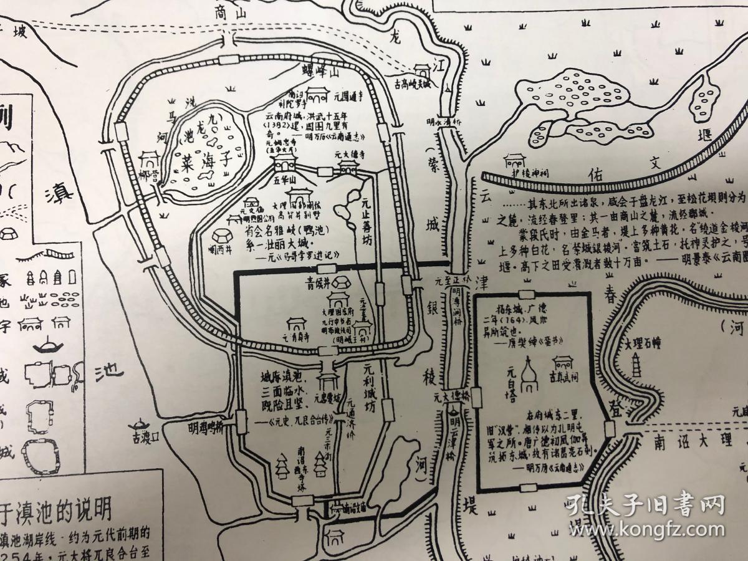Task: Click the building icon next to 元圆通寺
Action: tap(317, 95)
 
